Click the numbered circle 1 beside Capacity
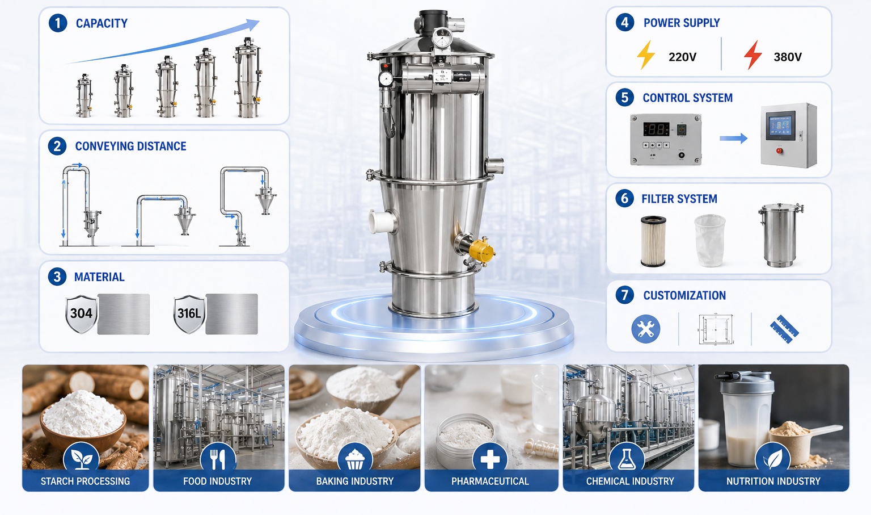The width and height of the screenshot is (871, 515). [57, 23]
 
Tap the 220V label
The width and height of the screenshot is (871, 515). [682, 57]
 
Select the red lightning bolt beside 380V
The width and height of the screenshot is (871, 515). [753, 55]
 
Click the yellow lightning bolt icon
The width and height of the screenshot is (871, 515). [646, 55]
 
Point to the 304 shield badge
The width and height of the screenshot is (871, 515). [81, 314]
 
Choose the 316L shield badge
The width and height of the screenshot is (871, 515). [189, 314]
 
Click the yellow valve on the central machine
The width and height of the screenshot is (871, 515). [481, 251]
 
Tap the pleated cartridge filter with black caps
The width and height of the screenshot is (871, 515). [653, 241]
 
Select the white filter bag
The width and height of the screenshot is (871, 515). [710, 240]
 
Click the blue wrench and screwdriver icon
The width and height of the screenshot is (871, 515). [646, 329]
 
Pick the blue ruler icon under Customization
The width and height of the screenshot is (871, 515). [784, 329]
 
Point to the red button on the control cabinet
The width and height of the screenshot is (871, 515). [779, 150]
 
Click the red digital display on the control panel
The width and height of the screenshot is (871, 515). [656, 129]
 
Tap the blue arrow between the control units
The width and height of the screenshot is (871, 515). [733, 138]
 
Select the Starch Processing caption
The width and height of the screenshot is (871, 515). [85, 481]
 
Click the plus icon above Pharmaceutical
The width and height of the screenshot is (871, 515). [490, 459]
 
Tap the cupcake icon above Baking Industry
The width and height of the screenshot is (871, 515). [355, 459]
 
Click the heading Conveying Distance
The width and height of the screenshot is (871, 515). [130, 146]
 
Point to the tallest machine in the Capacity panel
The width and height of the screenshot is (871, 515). [248, 77]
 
